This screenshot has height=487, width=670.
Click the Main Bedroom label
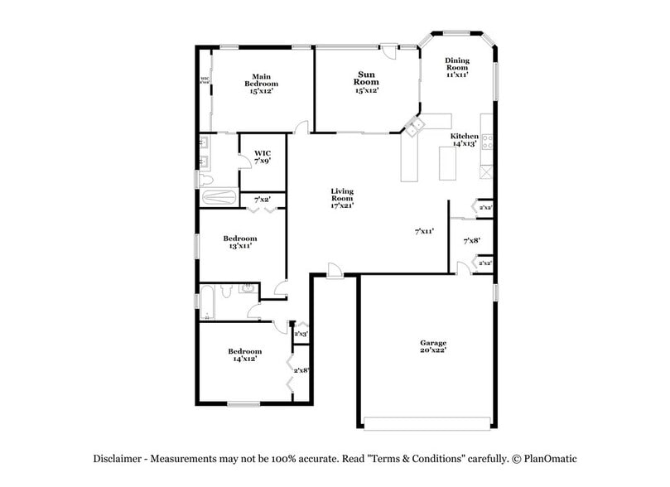pos(261,84)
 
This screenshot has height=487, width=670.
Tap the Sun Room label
pos(366,83)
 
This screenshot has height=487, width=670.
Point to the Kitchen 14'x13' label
pos(464,139)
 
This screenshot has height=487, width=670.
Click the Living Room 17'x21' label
pos(342,199)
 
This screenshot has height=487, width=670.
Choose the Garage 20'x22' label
pos(432,346)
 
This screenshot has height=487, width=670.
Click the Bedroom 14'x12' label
pos(244,354)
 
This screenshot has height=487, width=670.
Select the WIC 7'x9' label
pos(263,157)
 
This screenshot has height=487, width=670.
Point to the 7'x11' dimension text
pos(425,233)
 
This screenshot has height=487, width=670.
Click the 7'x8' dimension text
pos(471,241)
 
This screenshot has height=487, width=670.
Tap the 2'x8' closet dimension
pos(302,370)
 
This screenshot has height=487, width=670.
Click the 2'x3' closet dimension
pos(301,334)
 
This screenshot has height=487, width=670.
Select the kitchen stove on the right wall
pos(486,142)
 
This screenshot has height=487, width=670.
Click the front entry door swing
pos(334,271)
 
